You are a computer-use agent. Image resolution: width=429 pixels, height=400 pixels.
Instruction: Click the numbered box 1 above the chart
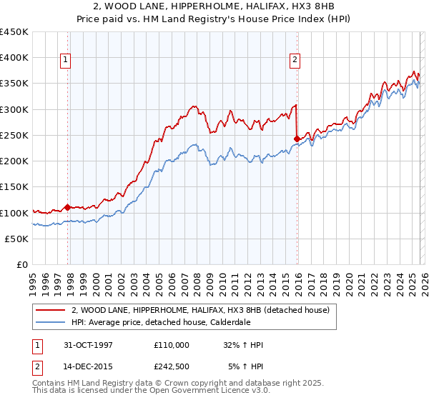[65, 61]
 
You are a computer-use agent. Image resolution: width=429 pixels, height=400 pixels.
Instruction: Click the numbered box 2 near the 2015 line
[294, 61]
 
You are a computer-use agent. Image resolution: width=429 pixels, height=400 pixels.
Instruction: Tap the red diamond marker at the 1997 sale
[68, 208]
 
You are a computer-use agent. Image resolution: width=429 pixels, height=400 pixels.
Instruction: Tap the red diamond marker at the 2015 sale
[297, 139]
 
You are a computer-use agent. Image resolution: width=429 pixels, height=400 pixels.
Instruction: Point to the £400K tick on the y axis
[14, 58]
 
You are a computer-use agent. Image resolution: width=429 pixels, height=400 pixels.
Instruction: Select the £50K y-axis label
[17, 239]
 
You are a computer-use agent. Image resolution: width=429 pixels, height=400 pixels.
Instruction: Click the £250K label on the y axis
[14, 135]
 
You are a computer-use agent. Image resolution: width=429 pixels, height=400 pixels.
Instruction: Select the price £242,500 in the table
[171, 366]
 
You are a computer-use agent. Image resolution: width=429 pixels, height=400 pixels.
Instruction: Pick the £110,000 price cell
[171, 345]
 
